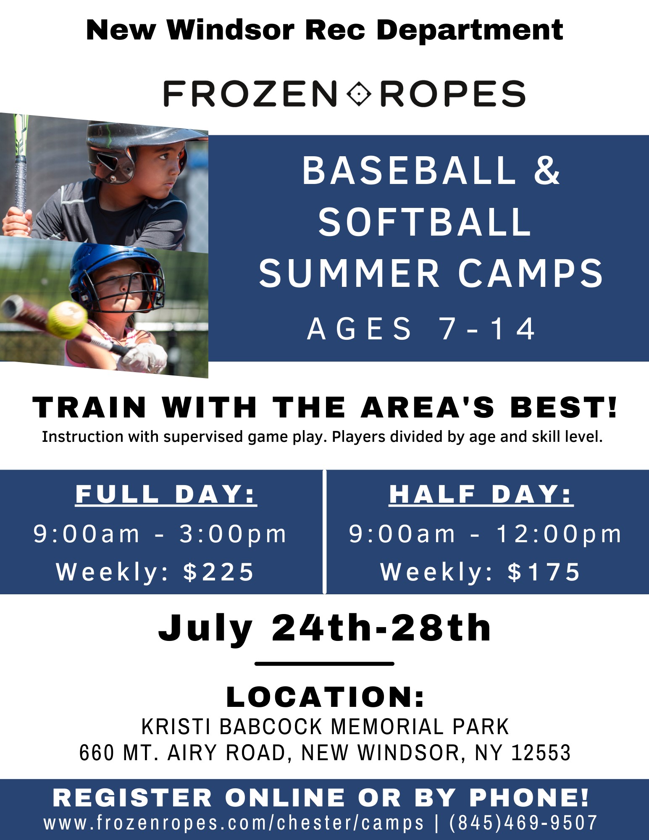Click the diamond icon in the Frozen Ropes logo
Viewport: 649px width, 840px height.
(x=358, y=93)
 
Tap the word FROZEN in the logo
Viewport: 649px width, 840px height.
(x=250, y=94)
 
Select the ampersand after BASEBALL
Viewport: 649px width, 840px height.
(x=547, y=170)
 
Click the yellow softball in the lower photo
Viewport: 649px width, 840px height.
(x=67, y=320)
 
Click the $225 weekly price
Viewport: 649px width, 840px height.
(x=218, y=572)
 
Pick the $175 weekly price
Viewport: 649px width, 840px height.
(x=544, y=572)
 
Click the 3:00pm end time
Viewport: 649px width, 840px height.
(x=233, y=534)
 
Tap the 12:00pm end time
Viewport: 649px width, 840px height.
(x=558, y=534)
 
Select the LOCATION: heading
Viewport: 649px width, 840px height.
(x=326, y=697)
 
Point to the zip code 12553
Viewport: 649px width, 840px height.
(x=541, y=753)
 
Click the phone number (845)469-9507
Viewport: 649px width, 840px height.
(x=523, y=823)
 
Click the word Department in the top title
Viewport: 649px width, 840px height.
(x=470, y=31)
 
